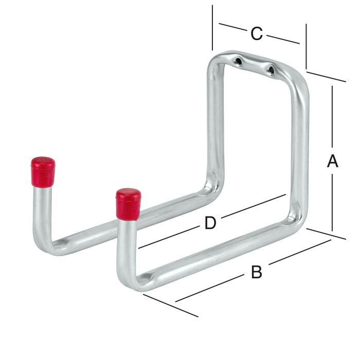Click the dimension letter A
coord(333,161)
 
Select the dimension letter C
coord(257,34)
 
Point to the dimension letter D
coord(210,223)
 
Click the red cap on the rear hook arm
coord(43,171)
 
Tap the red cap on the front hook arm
coord(128,204)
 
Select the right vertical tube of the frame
coord(300,154)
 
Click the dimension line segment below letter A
coord(333,203)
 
